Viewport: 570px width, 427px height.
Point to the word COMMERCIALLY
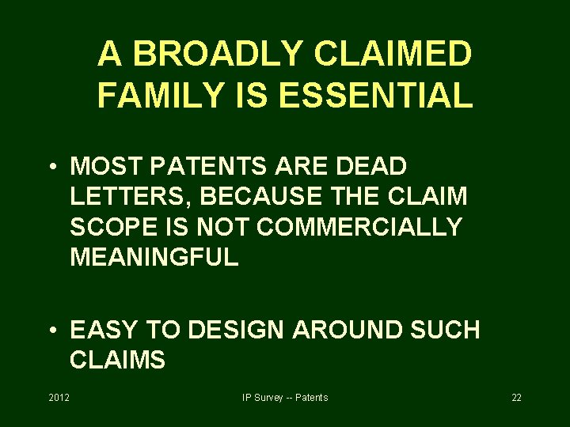coord(359,227)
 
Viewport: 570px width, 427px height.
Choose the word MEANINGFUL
coord(154,257)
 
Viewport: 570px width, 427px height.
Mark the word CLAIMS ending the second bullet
coord(117,360)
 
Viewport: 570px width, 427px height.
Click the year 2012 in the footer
coord(59,397)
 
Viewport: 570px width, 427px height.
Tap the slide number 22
coord(516,397)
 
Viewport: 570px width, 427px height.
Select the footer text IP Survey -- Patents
coord(285,397)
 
